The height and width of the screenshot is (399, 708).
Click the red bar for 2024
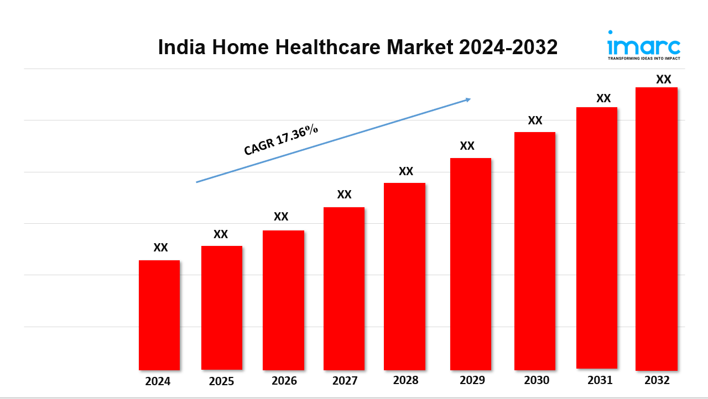point(159,315)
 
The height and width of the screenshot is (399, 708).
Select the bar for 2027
point(344,288)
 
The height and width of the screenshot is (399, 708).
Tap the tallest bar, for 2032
point(657,229)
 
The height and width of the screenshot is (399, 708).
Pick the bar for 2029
point(471,264)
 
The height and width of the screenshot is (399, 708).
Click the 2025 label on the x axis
point(222,381)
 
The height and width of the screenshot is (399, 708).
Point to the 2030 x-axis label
point(537,380)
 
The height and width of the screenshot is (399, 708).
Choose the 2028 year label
point(406,380)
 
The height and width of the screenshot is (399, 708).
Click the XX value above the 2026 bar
point(281,217)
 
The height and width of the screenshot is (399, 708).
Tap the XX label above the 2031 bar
point(603,98)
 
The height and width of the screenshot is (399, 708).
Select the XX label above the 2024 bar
point(160,248)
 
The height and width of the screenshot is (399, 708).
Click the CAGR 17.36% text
point(281,140)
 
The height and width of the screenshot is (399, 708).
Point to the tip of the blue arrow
point(470,99)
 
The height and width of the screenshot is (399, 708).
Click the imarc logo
point(644,44)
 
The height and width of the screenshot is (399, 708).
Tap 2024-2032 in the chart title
point(508,48)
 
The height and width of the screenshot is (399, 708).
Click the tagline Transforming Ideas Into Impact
point(644,58)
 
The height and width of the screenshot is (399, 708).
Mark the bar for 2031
point(597,238)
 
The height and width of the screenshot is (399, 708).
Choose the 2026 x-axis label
point(284,381)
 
